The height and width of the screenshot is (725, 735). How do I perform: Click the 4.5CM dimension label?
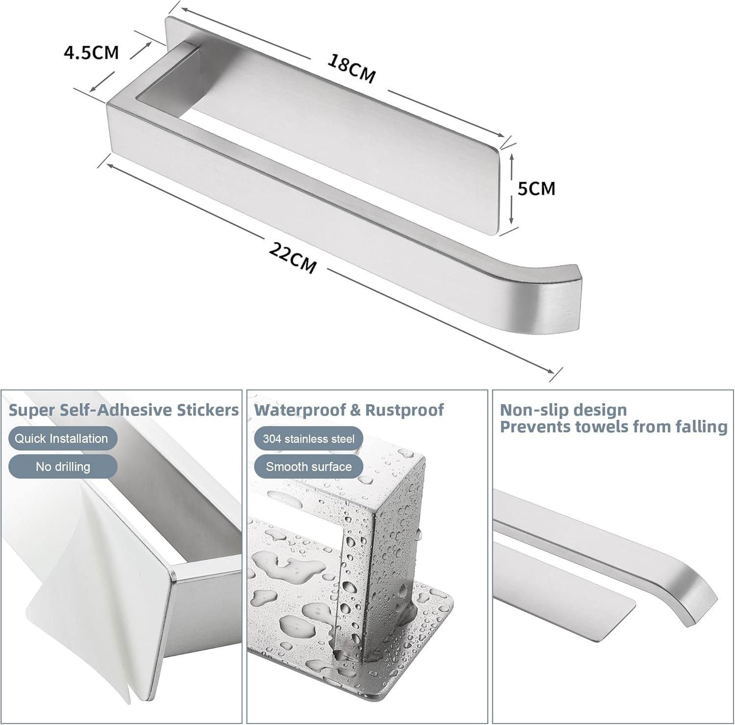pos(92,52)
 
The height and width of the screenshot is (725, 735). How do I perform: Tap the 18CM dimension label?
pos(351,69)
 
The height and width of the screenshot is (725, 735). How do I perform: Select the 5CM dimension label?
pos(537,188)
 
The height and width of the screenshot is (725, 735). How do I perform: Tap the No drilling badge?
pos(63,466)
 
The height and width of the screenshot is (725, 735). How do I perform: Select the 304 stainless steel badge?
pos(309,438)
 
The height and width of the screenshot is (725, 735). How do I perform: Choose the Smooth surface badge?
pos(309,466)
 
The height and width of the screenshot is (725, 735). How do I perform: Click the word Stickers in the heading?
pos(208,410)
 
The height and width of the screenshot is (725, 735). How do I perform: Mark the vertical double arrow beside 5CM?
pos(511,188)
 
